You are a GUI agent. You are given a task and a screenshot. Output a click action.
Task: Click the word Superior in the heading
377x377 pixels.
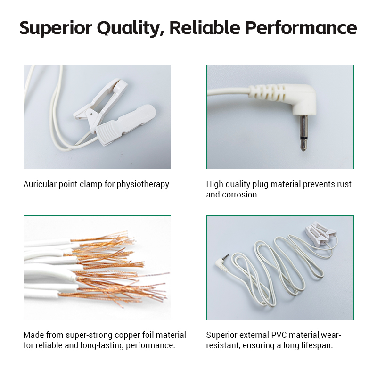pos(56,28)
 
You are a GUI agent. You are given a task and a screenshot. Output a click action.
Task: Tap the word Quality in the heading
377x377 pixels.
pos(129,28)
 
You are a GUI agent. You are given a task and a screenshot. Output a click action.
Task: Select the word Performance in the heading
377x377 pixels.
pos(301,28)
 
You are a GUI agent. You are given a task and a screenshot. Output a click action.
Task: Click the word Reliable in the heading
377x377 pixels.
pos(205,27)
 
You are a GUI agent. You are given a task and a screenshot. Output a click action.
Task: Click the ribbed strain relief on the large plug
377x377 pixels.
pos(267,92)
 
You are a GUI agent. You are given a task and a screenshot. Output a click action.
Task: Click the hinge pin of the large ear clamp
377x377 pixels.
pos(91,112)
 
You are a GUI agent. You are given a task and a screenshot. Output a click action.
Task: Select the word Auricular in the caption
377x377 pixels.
pos(40,184)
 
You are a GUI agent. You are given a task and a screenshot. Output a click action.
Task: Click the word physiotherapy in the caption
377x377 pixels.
pos(143,185)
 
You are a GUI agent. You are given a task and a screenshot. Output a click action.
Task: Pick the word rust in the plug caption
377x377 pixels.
pos(344,184)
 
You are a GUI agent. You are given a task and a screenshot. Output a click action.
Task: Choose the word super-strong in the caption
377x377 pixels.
pos(89,335)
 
